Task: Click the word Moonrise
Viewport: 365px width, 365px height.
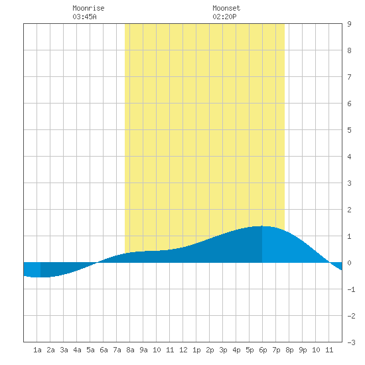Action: coord(88,8)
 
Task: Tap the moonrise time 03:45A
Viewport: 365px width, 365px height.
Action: coord(84,17)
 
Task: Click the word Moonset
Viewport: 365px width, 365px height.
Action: coord(226,8)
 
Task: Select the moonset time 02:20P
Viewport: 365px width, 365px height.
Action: coord(224,17)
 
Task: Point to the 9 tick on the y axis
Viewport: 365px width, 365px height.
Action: coord(349,24)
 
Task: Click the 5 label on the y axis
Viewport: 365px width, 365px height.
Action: coord(349,130)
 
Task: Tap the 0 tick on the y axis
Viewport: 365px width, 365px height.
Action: coord(349,263)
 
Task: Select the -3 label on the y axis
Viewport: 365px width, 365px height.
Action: coord(351,342)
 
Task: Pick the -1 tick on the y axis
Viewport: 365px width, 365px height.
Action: coord(351,289)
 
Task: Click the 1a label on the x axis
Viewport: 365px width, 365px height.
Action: coord(37,350)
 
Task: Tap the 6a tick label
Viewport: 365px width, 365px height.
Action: coord(104,350)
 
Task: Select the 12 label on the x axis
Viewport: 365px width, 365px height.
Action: coord(183,350)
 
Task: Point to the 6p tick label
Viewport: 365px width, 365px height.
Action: coord(263,350)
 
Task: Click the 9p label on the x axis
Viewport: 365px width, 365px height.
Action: coord(303,350)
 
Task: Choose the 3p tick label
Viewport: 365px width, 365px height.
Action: coord(223,350)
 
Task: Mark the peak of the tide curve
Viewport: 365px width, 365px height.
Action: coord(262,226)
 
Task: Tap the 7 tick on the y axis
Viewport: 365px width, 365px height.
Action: coord(349,77)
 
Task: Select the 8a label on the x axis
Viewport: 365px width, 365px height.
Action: coord(130,350)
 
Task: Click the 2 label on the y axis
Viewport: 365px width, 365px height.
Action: coord(349,210)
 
